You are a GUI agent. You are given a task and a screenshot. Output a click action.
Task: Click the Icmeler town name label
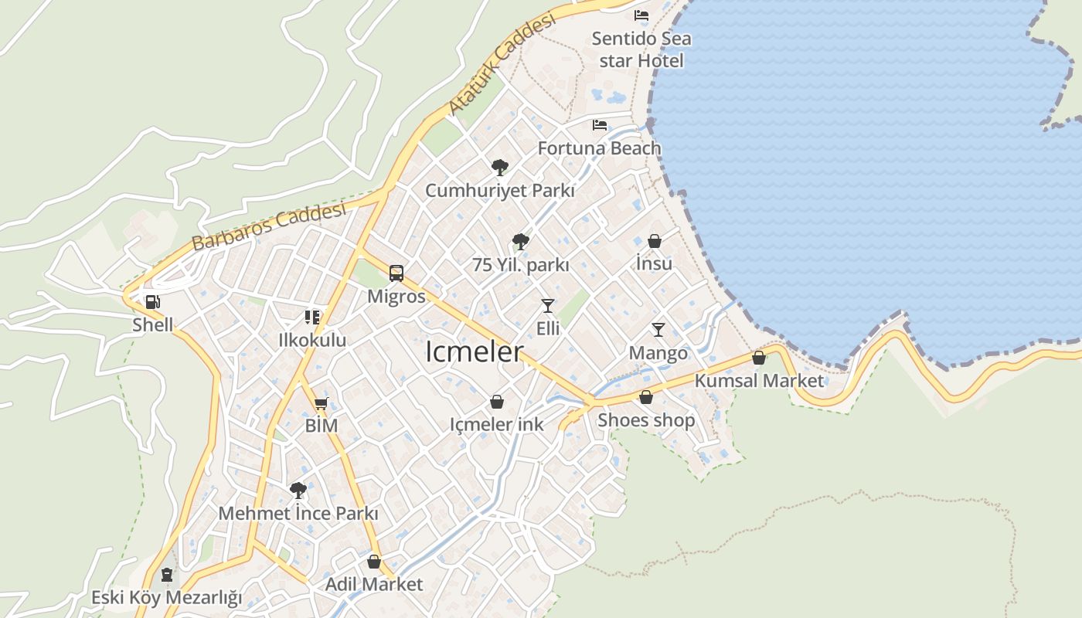point(474,352)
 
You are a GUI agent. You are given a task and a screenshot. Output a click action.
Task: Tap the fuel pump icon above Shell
point(153,302)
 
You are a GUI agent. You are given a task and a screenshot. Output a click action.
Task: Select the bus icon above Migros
point(396,273)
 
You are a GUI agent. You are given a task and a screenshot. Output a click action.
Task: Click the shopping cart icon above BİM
point(322,402)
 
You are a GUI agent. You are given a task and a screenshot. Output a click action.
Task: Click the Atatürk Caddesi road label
point(502,65)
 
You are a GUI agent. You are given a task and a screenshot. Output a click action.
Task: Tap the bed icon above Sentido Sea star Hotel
point(641,15)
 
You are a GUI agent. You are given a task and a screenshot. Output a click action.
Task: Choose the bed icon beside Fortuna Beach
point(600,124)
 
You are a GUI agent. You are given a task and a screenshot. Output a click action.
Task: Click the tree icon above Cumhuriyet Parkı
point(500,167)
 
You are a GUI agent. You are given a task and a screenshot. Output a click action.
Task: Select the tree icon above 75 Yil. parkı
point(521,241)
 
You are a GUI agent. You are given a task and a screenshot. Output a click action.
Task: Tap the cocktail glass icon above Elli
point(548,305)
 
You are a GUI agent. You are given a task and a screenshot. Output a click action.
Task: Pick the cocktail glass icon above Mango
point(658,330)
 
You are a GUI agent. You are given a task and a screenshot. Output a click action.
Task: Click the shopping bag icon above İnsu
point(655,241)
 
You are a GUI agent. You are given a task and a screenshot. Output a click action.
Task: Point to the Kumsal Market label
point(759,381)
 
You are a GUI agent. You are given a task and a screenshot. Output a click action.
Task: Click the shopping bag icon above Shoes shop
point(646,397)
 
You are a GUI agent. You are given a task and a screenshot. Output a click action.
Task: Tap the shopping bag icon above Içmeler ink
point(497,402)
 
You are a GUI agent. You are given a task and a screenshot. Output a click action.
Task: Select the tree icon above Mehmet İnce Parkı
point(298,490)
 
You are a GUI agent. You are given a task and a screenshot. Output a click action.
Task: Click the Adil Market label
point(374,584)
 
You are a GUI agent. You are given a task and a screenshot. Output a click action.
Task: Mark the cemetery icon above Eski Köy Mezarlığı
point(167,575)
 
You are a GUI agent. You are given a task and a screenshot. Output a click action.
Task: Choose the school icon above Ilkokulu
point(312,317)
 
